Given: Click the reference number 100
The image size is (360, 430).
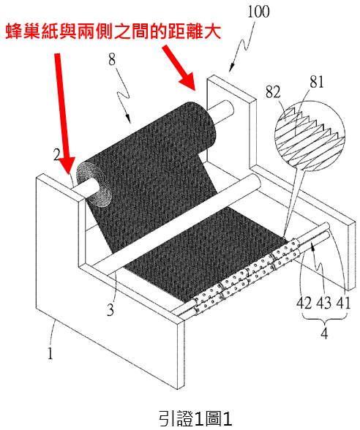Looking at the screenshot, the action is (258, 12).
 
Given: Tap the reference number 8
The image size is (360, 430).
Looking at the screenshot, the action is (112, 59).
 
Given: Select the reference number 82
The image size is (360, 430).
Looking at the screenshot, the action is (273, 92).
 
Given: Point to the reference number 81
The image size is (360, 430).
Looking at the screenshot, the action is (317, 81).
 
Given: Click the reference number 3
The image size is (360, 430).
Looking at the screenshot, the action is (110, 310).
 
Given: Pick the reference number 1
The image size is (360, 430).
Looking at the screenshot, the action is (50, 353).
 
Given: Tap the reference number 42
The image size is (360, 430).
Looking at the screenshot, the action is (304, 303).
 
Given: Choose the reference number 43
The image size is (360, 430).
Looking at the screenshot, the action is (323, 303).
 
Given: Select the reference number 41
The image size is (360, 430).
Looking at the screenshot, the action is (343, 303).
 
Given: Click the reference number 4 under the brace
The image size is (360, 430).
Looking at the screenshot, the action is (324, 333).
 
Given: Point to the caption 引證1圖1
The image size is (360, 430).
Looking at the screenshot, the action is (195, 418).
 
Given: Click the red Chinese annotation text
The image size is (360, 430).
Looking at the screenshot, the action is (113, 32).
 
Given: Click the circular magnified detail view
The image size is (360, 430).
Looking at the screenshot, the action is (310, 135).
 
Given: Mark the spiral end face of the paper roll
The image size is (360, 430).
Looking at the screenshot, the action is (94, 184).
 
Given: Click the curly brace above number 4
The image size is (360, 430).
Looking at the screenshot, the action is (324, 318).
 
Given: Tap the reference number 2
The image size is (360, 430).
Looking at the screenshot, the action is (56, 155).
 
